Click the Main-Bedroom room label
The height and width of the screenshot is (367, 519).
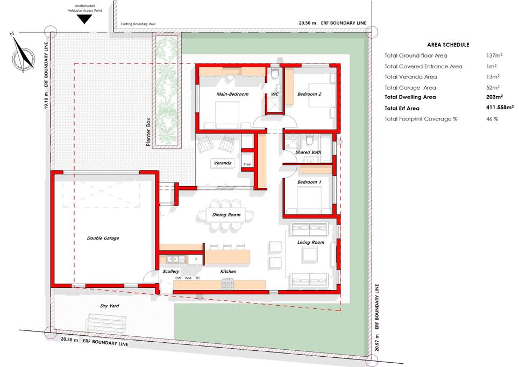tap(232, 94)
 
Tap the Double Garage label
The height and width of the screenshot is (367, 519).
tap(103, 238)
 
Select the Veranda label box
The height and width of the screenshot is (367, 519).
tap(223, 163)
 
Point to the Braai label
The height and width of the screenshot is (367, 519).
tap(247, 164)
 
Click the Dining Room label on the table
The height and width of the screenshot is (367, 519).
tap(226, 215)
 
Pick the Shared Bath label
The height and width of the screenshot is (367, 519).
tap(308, 152)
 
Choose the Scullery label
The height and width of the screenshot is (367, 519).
tap(171, 271)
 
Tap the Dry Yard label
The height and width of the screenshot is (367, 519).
tap(110, 306)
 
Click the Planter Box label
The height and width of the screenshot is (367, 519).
tap(148, 132)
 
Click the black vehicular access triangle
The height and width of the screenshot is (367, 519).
tap(84, 19)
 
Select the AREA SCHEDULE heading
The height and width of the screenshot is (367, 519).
tap(448, 45)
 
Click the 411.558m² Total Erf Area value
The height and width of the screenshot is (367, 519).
tap(500, 107)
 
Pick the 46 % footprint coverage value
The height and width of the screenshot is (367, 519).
tap(492, 119)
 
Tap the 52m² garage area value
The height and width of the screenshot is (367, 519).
tap(493, 87)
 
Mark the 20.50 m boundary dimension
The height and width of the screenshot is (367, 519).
tap(307, 23)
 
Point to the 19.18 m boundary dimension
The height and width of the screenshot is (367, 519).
tap(46, 101)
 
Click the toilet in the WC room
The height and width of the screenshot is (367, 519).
tap(275, 73)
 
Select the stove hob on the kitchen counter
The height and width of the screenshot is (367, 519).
tap(228, 284)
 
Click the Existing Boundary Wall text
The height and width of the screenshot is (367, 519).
tap(138, 24)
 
